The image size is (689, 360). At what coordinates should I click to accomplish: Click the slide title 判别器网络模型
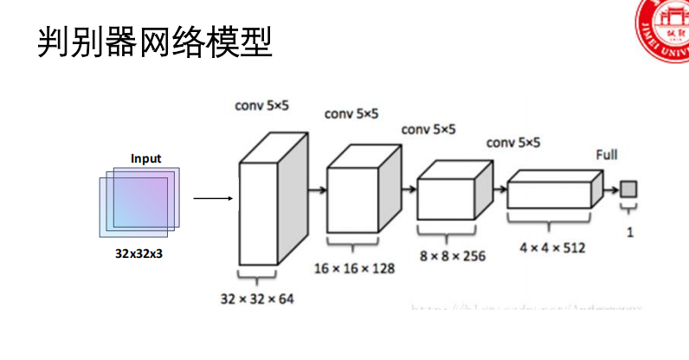coord(155,41)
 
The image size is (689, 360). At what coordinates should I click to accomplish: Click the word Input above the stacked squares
coord(145,158)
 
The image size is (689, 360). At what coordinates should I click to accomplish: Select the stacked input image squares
coord(138,201)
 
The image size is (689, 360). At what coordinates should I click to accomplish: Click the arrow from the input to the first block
coord(213,198)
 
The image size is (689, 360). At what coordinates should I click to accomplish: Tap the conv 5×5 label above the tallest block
coord(262,106)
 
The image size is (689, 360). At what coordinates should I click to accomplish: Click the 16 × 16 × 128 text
coord(356,268)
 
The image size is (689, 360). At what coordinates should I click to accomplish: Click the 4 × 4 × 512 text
coord(552,247)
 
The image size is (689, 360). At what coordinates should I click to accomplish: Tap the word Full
coord(607,155)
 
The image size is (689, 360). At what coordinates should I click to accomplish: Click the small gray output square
coord(628,189)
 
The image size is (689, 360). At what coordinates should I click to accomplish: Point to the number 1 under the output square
coord(629,232)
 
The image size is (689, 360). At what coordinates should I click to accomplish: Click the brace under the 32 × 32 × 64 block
coord(258,274)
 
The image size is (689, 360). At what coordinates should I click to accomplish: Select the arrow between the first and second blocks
coord(317,189)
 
